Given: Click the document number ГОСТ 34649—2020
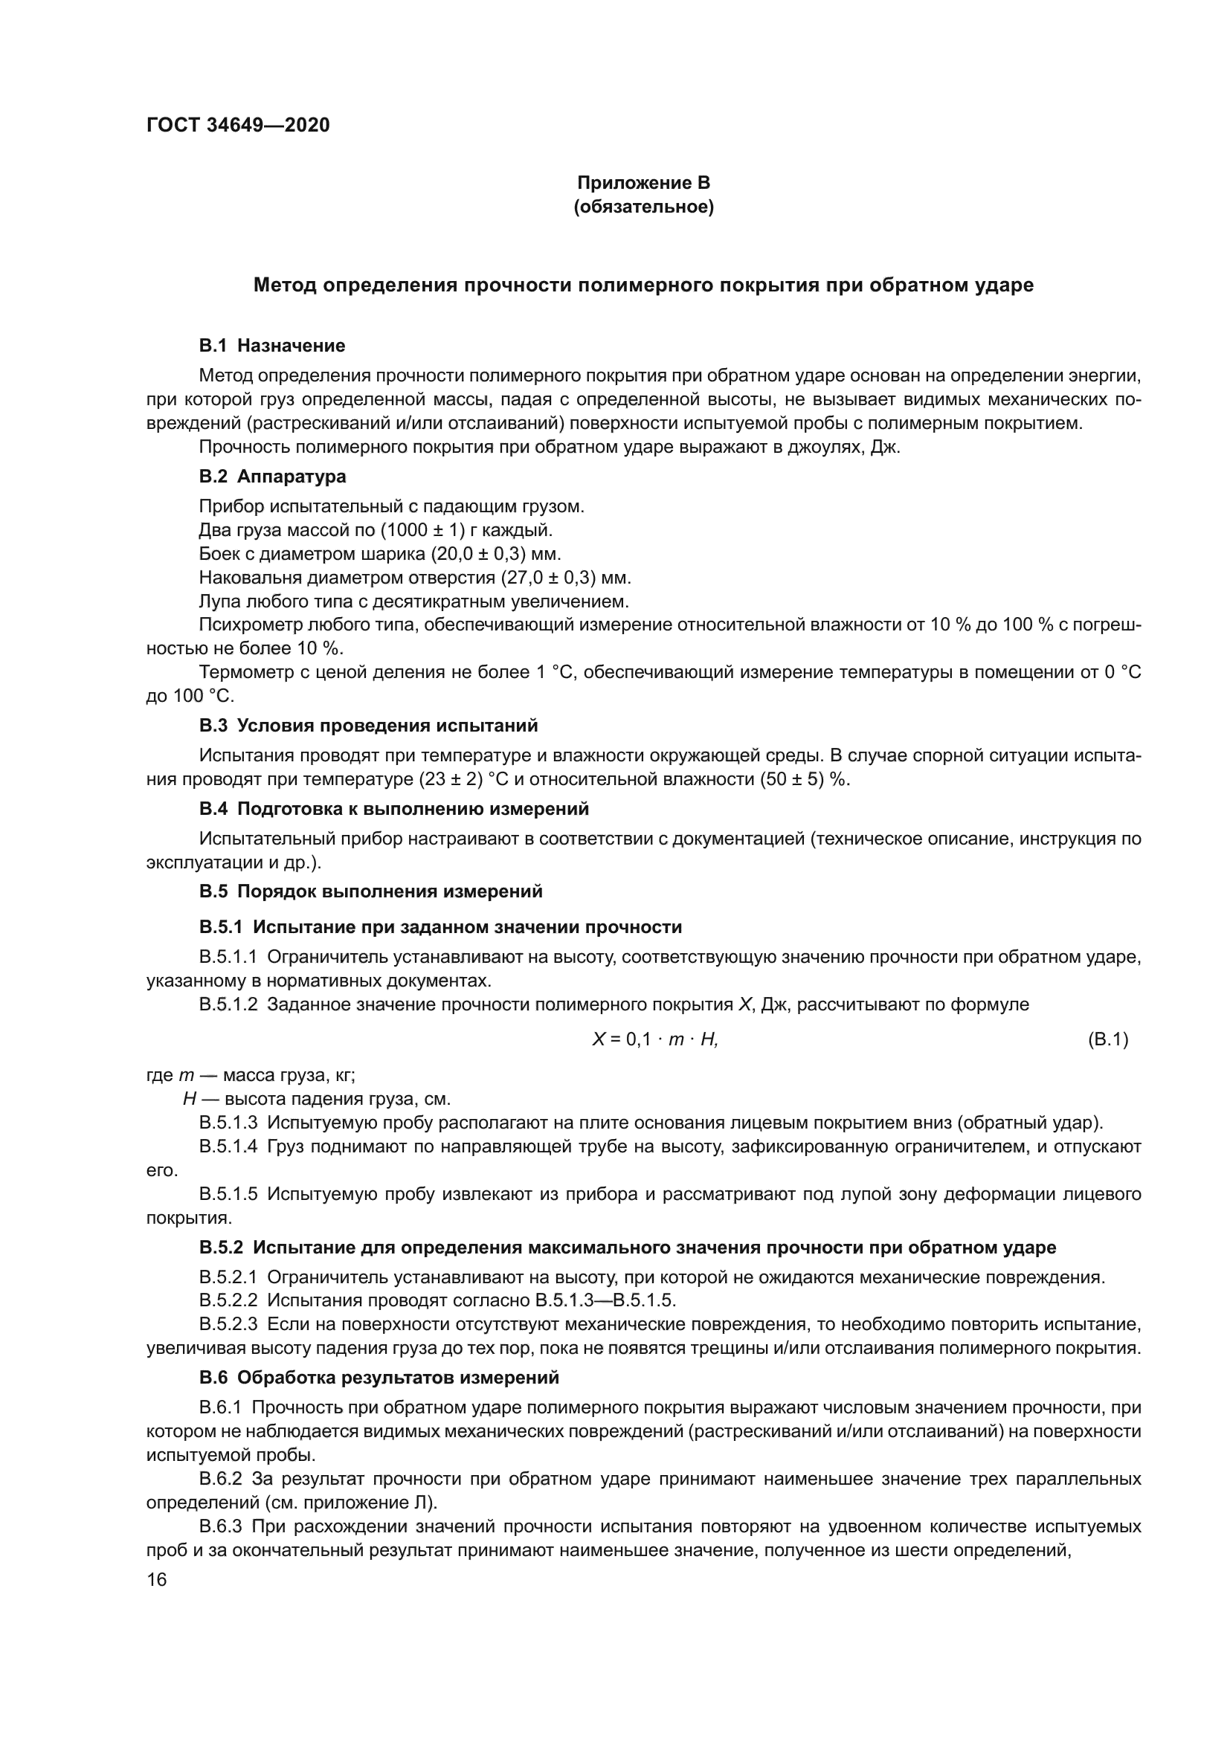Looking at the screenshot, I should pyautogui.click(x=238, y=126).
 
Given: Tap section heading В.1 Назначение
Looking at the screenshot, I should pyautogui.click(x=272, y=346).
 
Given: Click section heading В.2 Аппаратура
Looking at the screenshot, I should pyautogui.click(x=273, y=477).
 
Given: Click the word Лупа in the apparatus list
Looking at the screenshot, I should pyautogui.click(x=219, y=602).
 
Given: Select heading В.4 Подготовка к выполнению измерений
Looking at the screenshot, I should pyautogui.click(x=394, y=809).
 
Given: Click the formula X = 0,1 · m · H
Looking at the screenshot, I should pyautogui.click(x=655, y=1040).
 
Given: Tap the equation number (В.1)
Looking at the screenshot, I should pyautogui.click(x=1107, y=1040).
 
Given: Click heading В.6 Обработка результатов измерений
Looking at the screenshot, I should pyautogui.click(x=379, y=1377).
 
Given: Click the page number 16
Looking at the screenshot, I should pyautogui.click(x=157, y=1580).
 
